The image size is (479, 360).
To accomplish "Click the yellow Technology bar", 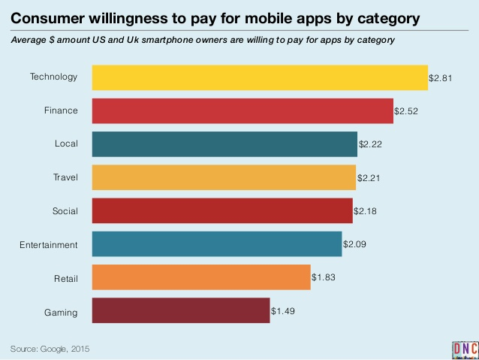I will [259, 77].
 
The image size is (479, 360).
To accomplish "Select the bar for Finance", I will [243, 110].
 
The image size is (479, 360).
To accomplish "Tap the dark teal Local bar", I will [224, 144].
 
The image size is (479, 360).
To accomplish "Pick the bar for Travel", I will [224, 177].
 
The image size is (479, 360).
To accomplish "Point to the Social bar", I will [222, 211].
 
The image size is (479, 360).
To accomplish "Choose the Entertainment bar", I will [216, 244].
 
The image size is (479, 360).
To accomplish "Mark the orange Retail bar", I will [201, 277].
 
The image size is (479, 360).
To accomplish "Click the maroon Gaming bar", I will [180, 310].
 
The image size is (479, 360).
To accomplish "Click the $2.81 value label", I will [440, 77].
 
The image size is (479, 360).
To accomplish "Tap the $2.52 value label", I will [405, 110].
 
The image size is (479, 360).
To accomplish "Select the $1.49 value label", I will [282, 310].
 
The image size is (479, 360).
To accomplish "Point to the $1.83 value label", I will [323, 277].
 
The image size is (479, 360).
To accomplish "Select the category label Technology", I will [53, 77].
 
